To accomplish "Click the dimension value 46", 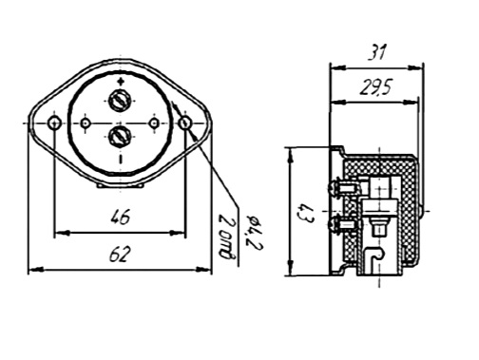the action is coord(121,218).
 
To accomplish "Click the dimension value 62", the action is coord(120,254).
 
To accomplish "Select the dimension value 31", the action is coord(377,52).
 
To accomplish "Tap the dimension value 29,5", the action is coord(376,87).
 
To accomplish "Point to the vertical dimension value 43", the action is coord(306,213).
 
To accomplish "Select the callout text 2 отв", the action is coord(226,237).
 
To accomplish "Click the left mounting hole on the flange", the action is coord(54,123).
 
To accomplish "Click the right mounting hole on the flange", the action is coord(185,123).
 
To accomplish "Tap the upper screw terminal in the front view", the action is coord(120,101).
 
